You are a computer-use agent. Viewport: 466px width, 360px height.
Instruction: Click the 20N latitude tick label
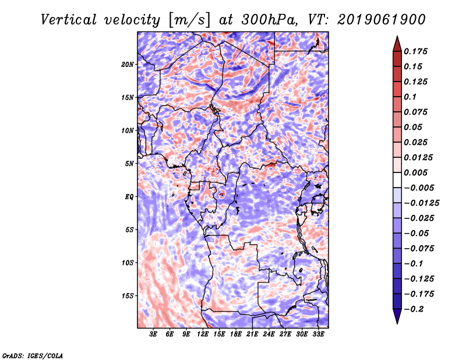128,64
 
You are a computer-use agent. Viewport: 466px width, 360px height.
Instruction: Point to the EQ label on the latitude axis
129,197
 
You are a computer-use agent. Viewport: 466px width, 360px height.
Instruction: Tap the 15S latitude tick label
128,296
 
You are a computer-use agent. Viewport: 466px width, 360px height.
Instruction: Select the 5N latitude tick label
129,164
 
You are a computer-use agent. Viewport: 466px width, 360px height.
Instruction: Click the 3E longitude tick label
154,335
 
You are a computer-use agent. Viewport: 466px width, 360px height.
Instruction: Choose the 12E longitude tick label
203,335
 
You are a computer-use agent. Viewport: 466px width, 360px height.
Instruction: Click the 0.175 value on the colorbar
417,51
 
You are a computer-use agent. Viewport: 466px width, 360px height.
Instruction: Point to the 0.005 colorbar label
417,172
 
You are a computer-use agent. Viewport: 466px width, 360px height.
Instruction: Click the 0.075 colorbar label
417,112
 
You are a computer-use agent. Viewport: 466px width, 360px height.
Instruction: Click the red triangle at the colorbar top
397,43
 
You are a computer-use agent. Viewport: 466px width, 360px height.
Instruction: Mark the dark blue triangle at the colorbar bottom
397,317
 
